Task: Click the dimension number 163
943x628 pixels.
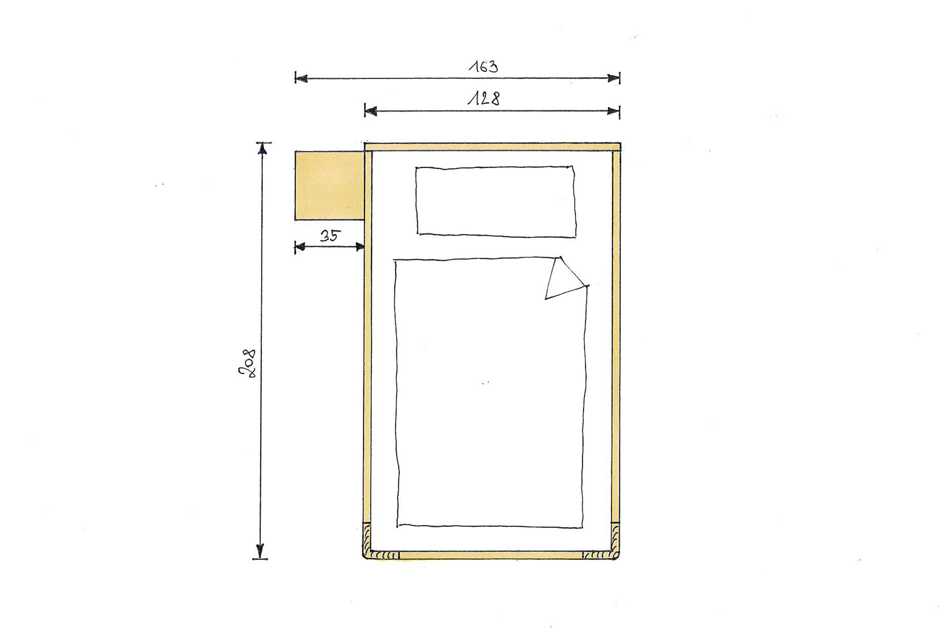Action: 483,67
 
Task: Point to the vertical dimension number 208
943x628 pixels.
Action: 247,363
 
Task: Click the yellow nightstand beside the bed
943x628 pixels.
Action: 329,185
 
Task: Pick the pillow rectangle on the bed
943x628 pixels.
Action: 496,201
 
